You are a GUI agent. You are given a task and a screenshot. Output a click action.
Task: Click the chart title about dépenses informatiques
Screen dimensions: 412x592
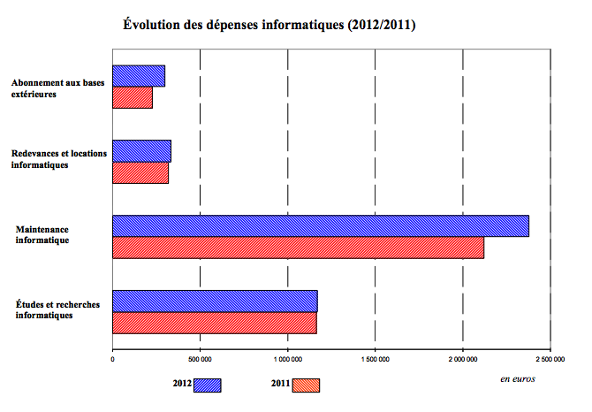pyautogui.click(x=269, y=26)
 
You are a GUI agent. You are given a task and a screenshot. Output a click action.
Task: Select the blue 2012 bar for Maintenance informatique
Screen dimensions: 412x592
pyautogui.click(x=320, y=225)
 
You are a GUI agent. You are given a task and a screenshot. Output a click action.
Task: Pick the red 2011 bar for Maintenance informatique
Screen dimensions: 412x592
pyautogui.click(x=298, y=248)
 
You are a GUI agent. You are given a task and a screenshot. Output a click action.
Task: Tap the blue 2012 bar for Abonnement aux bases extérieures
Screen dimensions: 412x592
pyautogui.click(x=139, y=76)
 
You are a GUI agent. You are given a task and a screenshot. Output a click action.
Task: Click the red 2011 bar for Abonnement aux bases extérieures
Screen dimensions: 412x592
pyautogui.click(x=133, y=97)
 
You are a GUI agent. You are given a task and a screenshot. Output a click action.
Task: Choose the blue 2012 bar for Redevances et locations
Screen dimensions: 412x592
pyautogui.click(x=141, y=151)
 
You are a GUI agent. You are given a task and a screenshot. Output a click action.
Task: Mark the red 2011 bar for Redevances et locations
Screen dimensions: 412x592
pyautogui.click(x=140, y=172)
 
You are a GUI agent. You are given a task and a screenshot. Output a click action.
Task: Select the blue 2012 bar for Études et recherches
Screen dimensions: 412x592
pyautogui.click(x=215, y=301)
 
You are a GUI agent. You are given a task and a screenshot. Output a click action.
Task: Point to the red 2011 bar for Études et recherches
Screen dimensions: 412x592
pyautogui.click(x=214, y=323)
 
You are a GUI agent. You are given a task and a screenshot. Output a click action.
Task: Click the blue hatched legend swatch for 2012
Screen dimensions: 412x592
pyautogui.click(x=207, y=385)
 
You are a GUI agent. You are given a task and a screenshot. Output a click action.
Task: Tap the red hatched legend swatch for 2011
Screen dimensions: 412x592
pyautogui.click(x=305, y=385)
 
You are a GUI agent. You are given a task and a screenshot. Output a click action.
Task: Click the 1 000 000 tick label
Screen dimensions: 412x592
pyautogui.click(x=288, y=360)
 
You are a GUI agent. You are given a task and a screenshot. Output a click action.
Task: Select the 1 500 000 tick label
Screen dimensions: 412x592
pyautogui.click(x=376, y=360)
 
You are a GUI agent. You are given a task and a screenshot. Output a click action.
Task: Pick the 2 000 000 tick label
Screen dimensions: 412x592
pyautogui.click(x=463, y=360)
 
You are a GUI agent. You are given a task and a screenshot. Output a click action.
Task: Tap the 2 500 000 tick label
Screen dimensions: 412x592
pyautogui.click(x=550, y=360)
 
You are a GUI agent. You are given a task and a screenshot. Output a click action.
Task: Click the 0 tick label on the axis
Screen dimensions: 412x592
pyautogui.click(x=113, y=360)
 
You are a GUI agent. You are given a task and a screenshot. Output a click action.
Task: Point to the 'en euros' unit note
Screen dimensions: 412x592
pyautogui.click(x=517, y=378)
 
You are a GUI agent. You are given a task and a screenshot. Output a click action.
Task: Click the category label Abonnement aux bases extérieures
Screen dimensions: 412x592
pyautogui.click(x=57, y=88)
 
